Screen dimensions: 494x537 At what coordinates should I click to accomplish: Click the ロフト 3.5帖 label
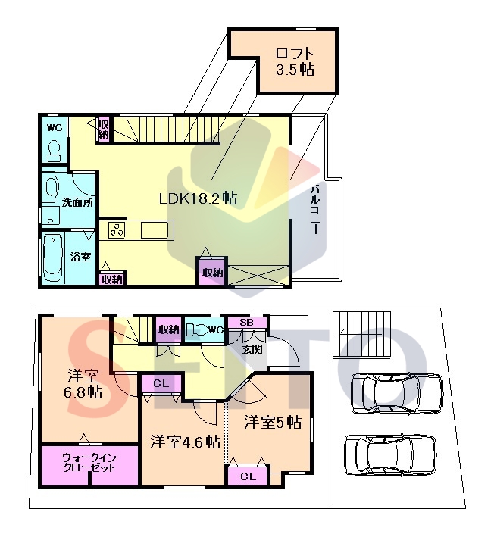(x=295, y=61)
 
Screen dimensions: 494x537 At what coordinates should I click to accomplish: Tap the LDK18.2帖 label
(x=198, y=198)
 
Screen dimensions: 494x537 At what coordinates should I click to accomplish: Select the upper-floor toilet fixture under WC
(x=54, y=151)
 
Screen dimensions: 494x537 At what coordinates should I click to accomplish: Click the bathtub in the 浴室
(x=53, y=258)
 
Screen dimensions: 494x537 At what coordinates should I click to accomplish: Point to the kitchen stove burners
(x=117, y=229)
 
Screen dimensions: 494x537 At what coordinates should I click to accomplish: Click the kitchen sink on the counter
(x=155, y=229)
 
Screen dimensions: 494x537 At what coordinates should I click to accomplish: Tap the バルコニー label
(x=315, y=210)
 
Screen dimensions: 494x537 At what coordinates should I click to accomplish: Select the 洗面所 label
(x=78, y=202)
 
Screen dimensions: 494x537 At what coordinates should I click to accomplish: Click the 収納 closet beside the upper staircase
(x=104, y=128)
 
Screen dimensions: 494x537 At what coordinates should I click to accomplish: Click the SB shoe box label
(x=246, y=322)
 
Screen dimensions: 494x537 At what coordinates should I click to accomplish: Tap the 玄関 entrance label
(x=252, y=349)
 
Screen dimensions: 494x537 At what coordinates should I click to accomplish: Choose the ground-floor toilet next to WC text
(x=198, y=329)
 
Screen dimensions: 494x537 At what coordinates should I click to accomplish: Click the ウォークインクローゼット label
(x=89, y=463)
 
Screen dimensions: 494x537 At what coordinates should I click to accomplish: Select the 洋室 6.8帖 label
(x=83, y=384)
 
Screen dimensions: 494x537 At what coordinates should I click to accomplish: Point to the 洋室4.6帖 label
(x=186, y=442)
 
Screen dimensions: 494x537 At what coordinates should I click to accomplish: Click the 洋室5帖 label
(x=273, y=422)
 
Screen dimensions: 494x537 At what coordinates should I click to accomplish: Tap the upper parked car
(x=397, y=393)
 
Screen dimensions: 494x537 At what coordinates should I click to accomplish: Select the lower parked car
(x=390, y=454)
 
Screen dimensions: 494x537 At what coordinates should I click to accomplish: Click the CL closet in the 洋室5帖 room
(x=247, y=476)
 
